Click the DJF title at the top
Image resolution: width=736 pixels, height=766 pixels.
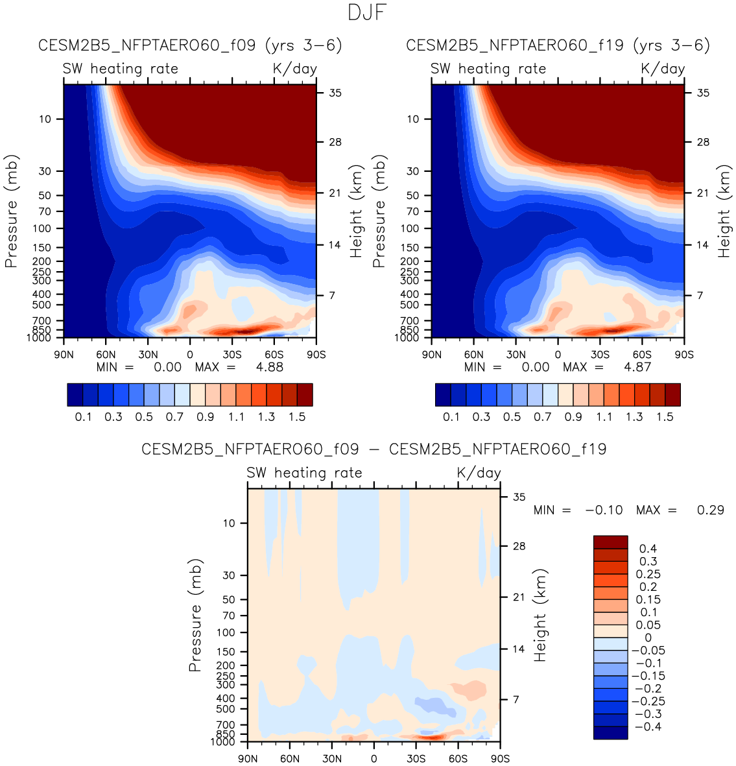point(367,12)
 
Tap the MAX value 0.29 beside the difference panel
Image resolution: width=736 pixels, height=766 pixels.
point(710,510)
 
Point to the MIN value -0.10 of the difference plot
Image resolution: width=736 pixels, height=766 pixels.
point(604,510)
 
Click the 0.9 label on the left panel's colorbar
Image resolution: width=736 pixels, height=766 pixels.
point(206,417)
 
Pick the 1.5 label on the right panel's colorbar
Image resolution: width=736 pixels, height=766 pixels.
point(665,417)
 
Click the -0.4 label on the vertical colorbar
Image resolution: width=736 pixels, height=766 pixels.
point(648,726)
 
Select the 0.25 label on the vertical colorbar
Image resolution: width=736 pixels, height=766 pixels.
point(648,574)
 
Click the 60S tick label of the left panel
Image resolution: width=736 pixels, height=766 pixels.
point(274,355)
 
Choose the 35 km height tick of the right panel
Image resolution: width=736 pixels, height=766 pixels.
point(703,93)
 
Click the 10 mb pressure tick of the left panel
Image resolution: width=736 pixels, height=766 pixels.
point(45,119)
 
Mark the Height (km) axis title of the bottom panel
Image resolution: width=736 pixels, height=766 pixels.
point(540,616)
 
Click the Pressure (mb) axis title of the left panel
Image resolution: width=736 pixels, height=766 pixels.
point(11,211)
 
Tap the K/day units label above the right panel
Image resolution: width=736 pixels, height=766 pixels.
point(663,69)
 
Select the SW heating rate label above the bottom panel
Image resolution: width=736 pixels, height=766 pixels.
point(304,473)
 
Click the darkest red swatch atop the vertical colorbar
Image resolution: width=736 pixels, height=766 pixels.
point(610,542)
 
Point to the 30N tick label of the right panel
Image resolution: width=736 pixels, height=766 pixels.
point(516,355)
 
